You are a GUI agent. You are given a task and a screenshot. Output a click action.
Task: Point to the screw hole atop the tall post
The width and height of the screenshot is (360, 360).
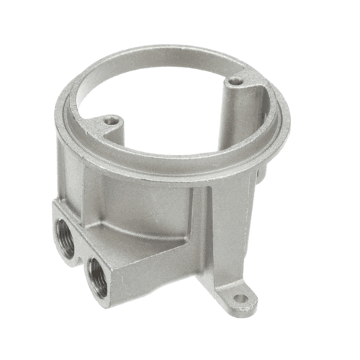pos(236,83)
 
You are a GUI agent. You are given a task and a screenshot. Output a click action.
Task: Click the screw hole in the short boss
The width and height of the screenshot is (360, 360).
pos(109,121)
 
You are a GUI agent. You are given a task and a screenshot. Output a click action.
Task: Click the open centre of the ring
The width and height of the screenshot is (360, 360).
pos(173,101)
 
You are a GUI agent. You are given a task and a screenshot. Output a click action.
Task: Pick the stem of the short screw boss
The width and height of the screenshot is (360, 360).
pos(112,133)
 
